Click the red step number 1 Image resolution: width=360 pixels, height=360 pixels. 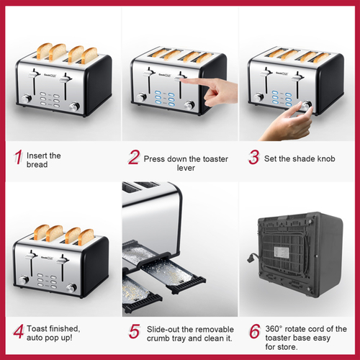18,157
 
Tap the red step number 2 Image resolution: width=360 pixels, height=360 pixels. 134,157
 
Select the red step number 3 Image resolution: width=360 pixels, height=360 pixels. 254,157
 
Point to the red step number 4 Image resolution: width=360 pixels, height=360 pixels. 19,331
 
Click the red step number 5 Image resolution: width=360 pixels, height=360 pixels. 134,331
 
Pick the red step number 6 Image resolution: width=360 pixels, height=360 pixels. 255,331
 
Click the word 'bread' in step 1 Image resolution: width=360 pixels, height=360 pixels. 37,165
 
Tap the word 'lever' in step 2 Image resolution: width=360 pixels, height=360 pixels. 186,168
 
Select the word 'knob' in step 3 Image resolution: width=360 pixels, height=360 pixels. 326,158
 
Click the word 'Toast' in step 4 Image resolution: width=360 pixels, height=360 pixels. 37,328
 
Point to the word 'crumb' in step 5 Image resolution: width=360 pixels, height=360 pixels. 158,338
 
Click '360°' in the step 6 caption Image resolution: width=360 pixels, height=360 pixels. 274,329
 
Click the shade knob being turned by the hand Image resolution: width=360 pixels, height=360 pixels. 306,105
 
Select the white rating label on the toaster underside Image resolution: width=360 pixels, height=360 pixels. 282,253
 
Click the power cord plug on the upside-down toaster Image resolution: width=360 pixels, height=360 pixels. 250,258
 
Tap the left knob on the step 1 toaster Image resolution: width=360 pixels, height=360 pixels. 26,99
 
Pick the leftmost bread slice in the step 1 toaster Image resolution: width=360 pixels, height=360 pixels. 44,50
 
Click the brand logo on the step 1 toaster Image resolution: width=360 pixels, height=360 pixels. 50,75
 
